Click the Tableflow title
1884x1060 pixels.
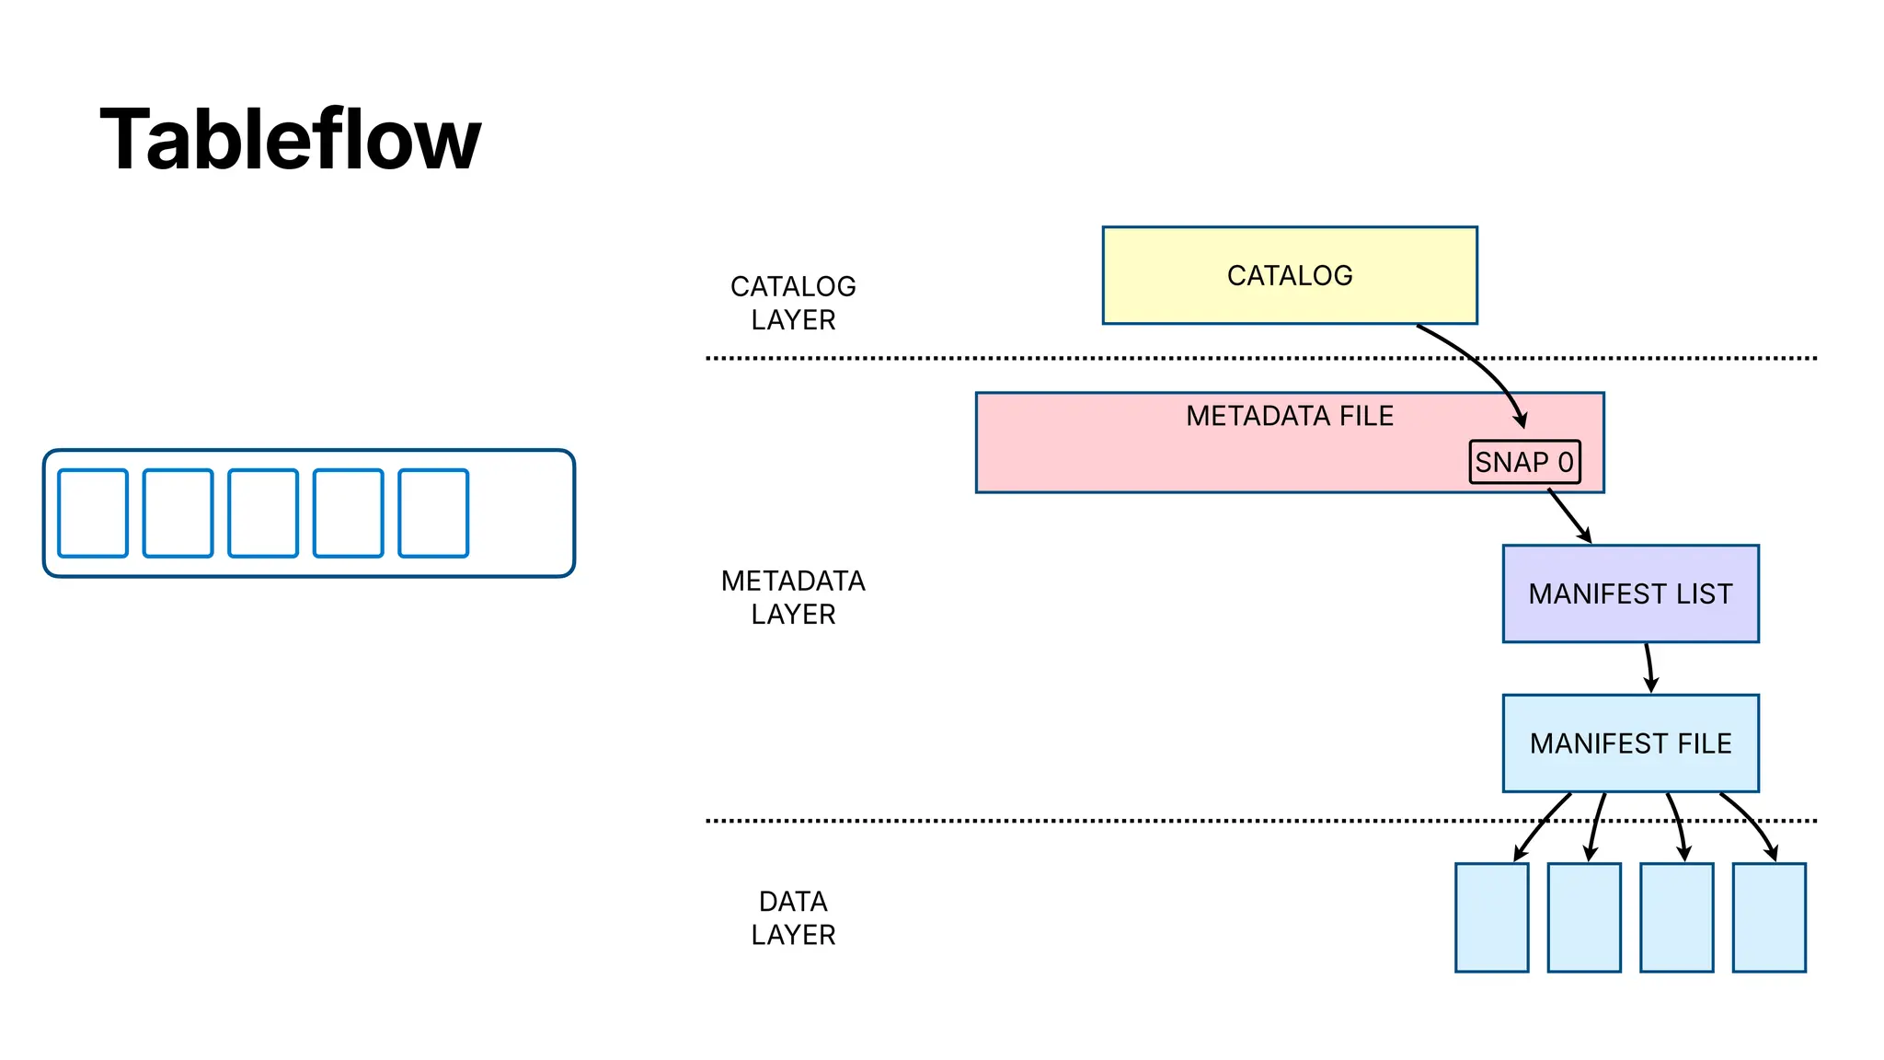click(290, 140)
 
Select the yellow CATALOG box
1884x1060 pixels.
click(1289, 275)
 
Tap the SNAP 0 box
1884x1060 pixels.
click(1524, 462)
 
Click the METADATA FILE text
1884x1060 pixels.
click(1289, 416)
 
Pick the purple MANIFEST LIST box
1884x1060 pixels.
click(1630, 593)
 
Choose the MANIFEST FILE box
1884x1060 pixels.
click(1630, 743)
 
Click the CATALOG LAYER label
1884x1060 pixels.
click(793, 303)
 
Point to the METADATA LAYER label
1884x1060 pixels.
click(793, 597)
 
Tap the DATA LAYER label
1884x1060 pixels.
click(793, 917)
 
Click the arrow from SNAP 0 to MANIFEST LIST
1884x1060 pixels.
click(1569, 516)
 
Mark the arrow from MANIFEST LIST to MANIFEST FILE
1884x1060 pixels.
click(1649, 668)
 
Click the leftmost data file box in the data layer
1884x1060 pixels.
click(1491, 917)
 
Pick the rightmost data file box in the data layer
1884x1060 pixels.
click(1768, 917)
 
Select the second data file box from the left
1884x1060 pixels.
click(1583, 917)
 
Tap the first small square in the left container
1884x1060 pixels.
click(93, 513)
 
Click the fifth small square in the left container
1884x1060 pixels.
click(433, 513)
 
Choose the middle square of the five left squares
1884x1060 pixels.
click(263, 513)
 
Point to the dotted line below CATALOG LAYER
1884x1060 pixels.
click(1012, 358)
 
